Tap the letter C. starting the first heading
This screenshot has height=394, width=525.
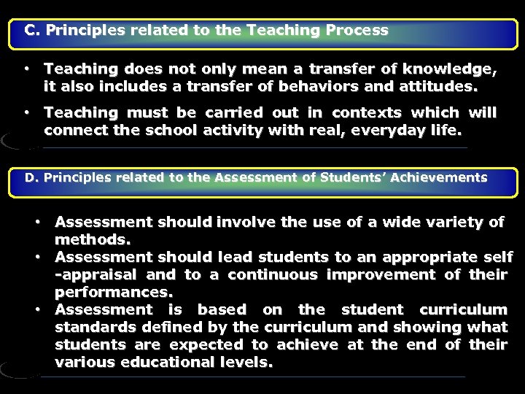pyautogui.click(x=33, y=31)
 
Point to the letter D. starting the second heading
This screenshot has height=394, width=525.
pyautogui.click(x=32, y=177)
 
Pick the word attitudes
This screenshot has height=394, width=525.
pyautogui.click(x=440, y=88)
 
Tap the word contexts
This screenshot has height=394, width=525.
pyautogui.click(x=367, y=113)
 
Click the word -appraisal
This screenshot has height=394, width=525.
pyautogui.click(x=96, y=274)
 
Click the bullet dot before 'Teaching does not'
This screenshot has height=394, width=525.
pyautogui.click(x=26, y=69)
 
